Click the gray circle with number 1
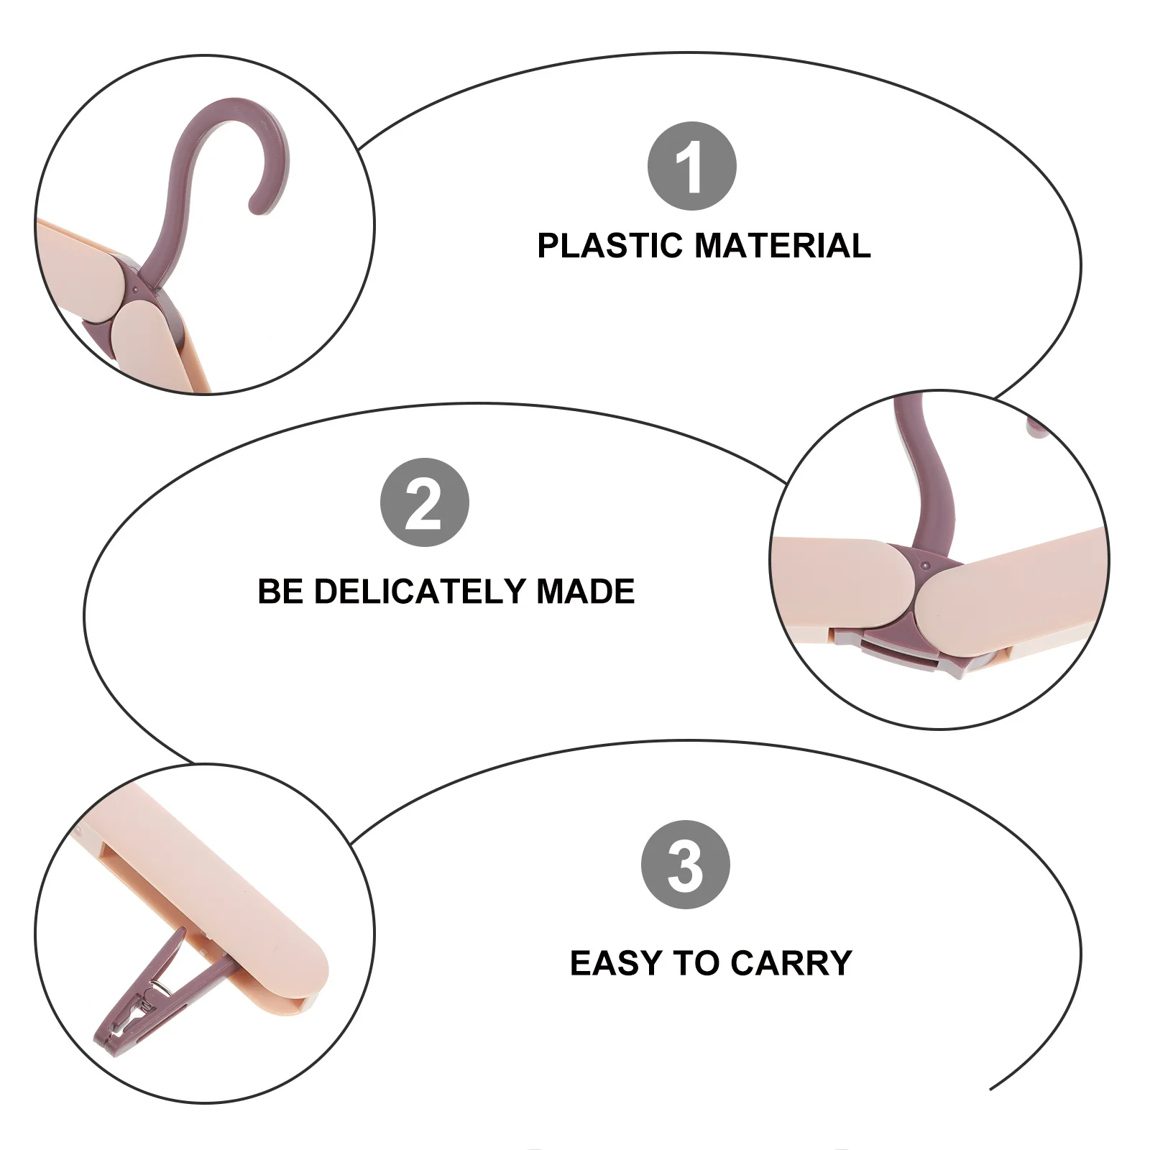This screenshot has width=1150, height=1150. [691, 166]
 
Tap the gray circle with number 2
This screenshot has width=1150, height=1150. [424, 502]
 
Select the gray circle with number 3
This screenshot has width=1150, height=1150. [685, 865]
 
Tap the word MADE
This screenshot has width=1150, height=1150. [586, 592]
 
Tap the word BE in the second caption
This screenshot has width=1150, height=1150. [280, 592]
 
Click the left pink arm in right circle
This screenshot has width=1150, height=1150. [834, 582]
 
